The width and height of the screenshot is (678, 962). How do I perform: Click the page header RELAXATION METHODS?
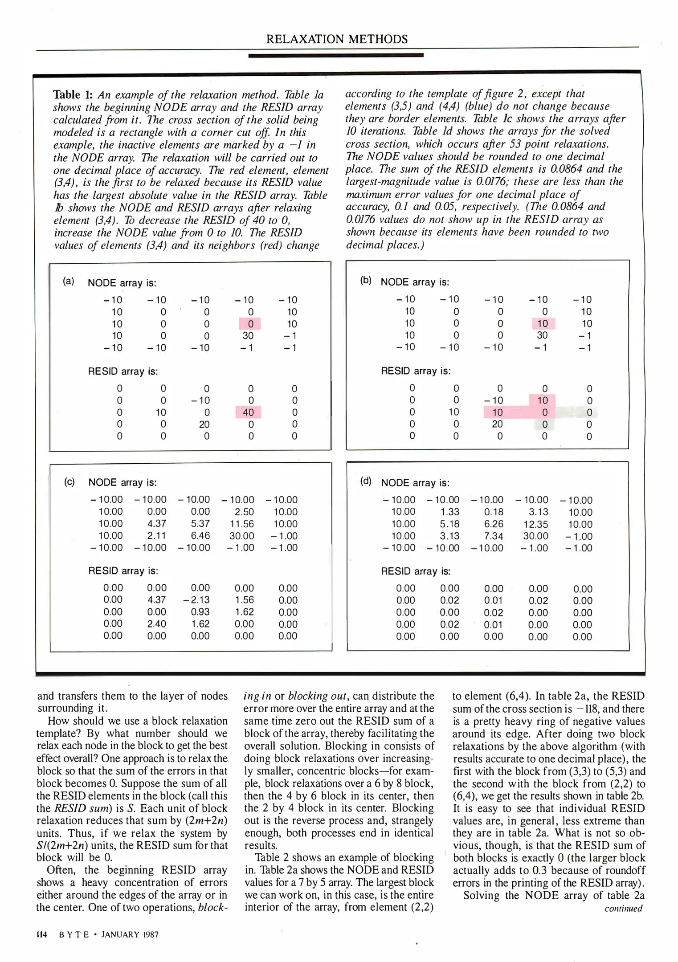337,39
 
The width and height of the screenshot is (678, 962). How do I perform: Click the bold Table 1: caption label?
73,95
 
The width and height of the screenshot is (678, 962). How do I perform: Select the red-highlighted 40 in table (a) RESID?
248,412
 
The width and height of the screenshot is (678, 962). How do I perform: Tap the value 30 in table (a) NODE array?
248,336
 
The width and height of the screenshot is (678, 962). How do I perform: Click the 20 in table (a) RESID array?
204,424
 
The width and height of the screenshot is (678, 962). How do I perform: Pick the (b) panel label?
366,280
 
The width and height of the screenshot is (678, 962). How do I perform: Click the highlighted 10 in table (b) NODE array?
542,324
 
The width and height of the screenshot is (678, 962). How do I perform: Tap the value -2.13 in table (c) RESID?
196,600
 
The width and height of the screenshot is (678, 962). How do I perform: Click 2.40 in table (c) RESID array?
156,624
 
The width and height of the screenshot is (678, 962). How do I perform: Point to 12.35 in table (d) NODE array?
535,524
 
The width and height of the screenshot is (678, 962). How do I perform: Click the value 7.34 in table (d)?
494,536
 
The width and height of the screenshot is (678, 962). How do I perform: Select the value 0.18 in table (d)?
494,512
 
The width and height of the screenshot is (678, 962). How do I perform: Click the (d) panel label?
366,481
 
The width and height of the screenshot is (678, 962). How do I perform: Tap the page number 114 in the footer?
42,934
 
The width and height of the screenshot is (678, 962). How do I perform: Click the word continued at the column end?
623,908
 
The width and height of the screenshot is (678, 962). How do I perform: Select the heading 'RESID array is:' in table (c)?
123,571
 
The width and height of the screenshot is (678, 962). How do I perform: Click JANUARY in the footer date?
120,934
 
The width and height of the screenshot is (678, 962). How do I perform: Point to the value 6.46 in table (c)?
200,536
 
